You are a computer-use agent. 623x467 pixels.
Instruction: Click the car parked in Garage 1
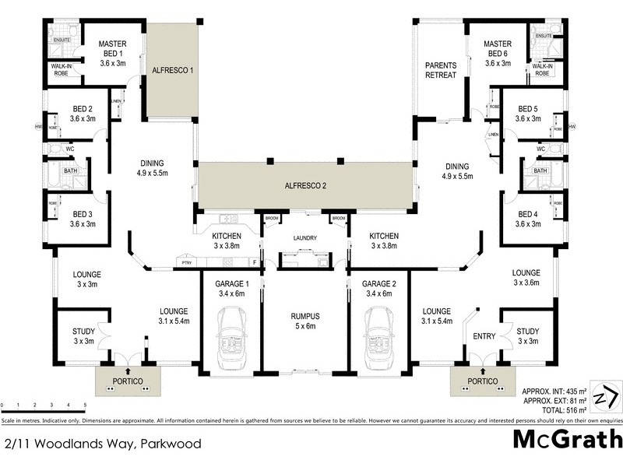pos(231,334)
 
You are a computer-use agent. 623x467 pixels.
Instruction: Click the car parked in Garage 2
pos(378,334)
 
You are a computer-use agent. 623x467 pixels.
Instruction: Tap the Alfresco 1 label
pos(172,69)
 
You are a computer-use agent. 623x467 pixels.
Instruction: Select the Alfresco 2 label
pos(304,186)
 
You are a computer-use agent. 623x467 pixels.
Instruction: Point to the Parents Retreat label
pos(440,70)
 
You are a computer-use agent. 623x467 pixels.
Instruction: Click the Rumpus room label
pos(304,320)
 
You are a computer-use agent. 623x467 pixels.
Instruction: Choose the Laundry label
pos(304,238)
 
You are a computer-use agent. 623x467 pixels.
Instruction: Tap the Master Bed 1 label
pos(114,54)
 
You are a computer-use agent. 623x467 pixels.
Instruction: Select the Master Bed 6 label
pos(497,54)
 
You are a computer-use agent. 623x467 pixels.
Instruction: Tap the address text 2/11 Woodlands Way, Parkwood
pos(103,444)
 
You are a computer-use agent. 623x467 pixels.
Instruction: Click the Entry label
pos(484,336)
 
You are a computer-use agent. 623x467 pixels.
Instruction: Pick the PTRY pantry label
pos(185,263)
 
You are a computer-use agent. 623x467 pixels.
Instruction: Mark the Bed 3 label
pos(82,219)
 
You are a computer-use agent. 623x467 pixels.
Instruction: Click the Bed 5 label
pos(527,114)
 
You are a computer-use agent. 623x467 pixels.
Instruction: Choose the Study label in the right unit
pos(527,335)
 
